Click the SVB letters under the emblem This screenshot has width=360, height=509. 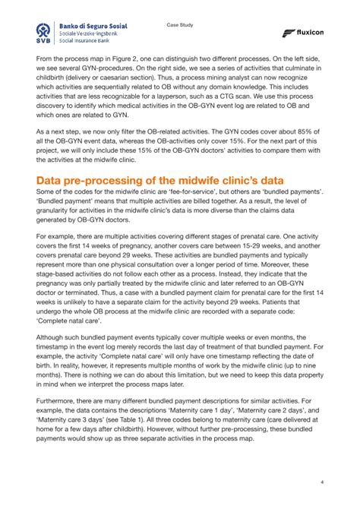pyautogui.click(x=46, y=43)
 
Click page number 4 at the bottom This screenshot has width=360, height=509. pyautogui.click(x=322, y=482)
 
